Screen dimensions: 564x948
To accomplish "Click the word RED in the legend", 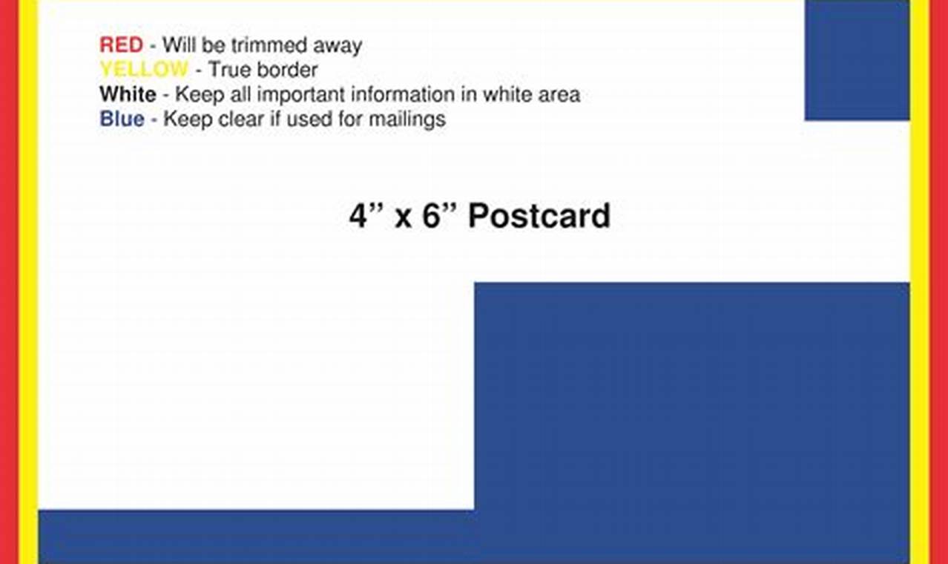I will [x=121, y=45].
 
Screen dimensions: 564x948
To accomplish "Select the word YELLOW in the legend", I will [x=144, y=70].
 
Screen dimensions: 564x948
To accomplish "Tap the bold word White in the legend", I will [x=128, y=95].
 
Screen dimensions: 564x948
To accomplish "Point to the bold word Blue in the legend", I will [x=122, y=119].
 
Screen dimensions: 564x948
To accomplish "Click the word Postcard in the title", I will [x=539, y=216].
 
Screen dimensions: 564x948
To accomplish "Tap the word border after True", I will [x=286, y=70].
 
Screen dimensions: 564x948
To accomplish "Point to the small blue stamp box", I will [x=857, y=59].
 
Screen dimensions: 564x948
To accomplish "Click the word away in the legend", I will [x=337, y=46].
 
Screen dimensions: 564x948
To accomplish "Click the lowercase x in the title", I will [x=403, y=218].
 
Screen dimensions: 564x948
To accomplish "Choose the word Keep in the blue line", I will [x=187, y=119].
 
